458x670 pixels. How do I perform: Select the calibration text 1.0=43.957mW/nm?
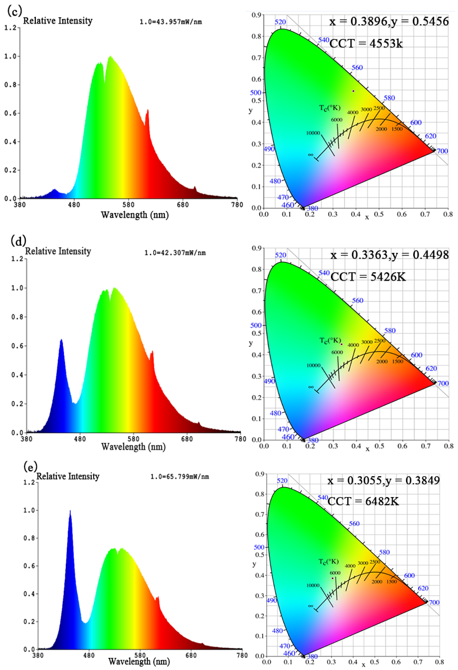click(x=171, y=22)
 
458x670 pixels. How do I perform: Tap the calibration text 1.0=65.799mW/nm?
click(x=180, y=477)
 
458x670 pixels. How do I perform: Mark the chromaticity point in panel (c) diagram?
click(x=353, y=91)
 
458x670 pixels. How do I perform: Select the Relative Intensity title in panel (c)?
click(x=58, y=21)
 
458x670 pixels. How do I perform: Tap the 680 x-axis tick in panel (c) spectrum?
click(x=183, y=205)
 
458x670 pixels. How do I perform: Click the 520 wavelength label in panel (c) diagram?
click(x=280, y=22)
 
